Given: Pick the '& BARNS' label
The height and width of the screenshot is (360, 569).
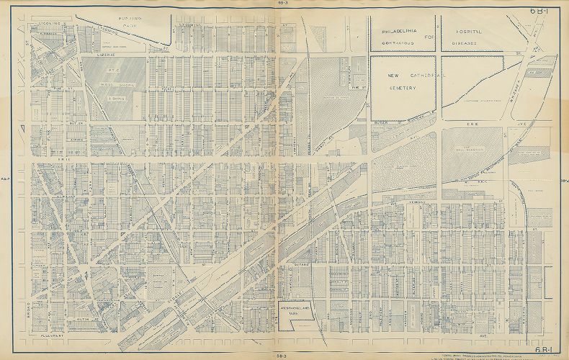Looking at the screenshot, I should [x=115, y=98].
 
